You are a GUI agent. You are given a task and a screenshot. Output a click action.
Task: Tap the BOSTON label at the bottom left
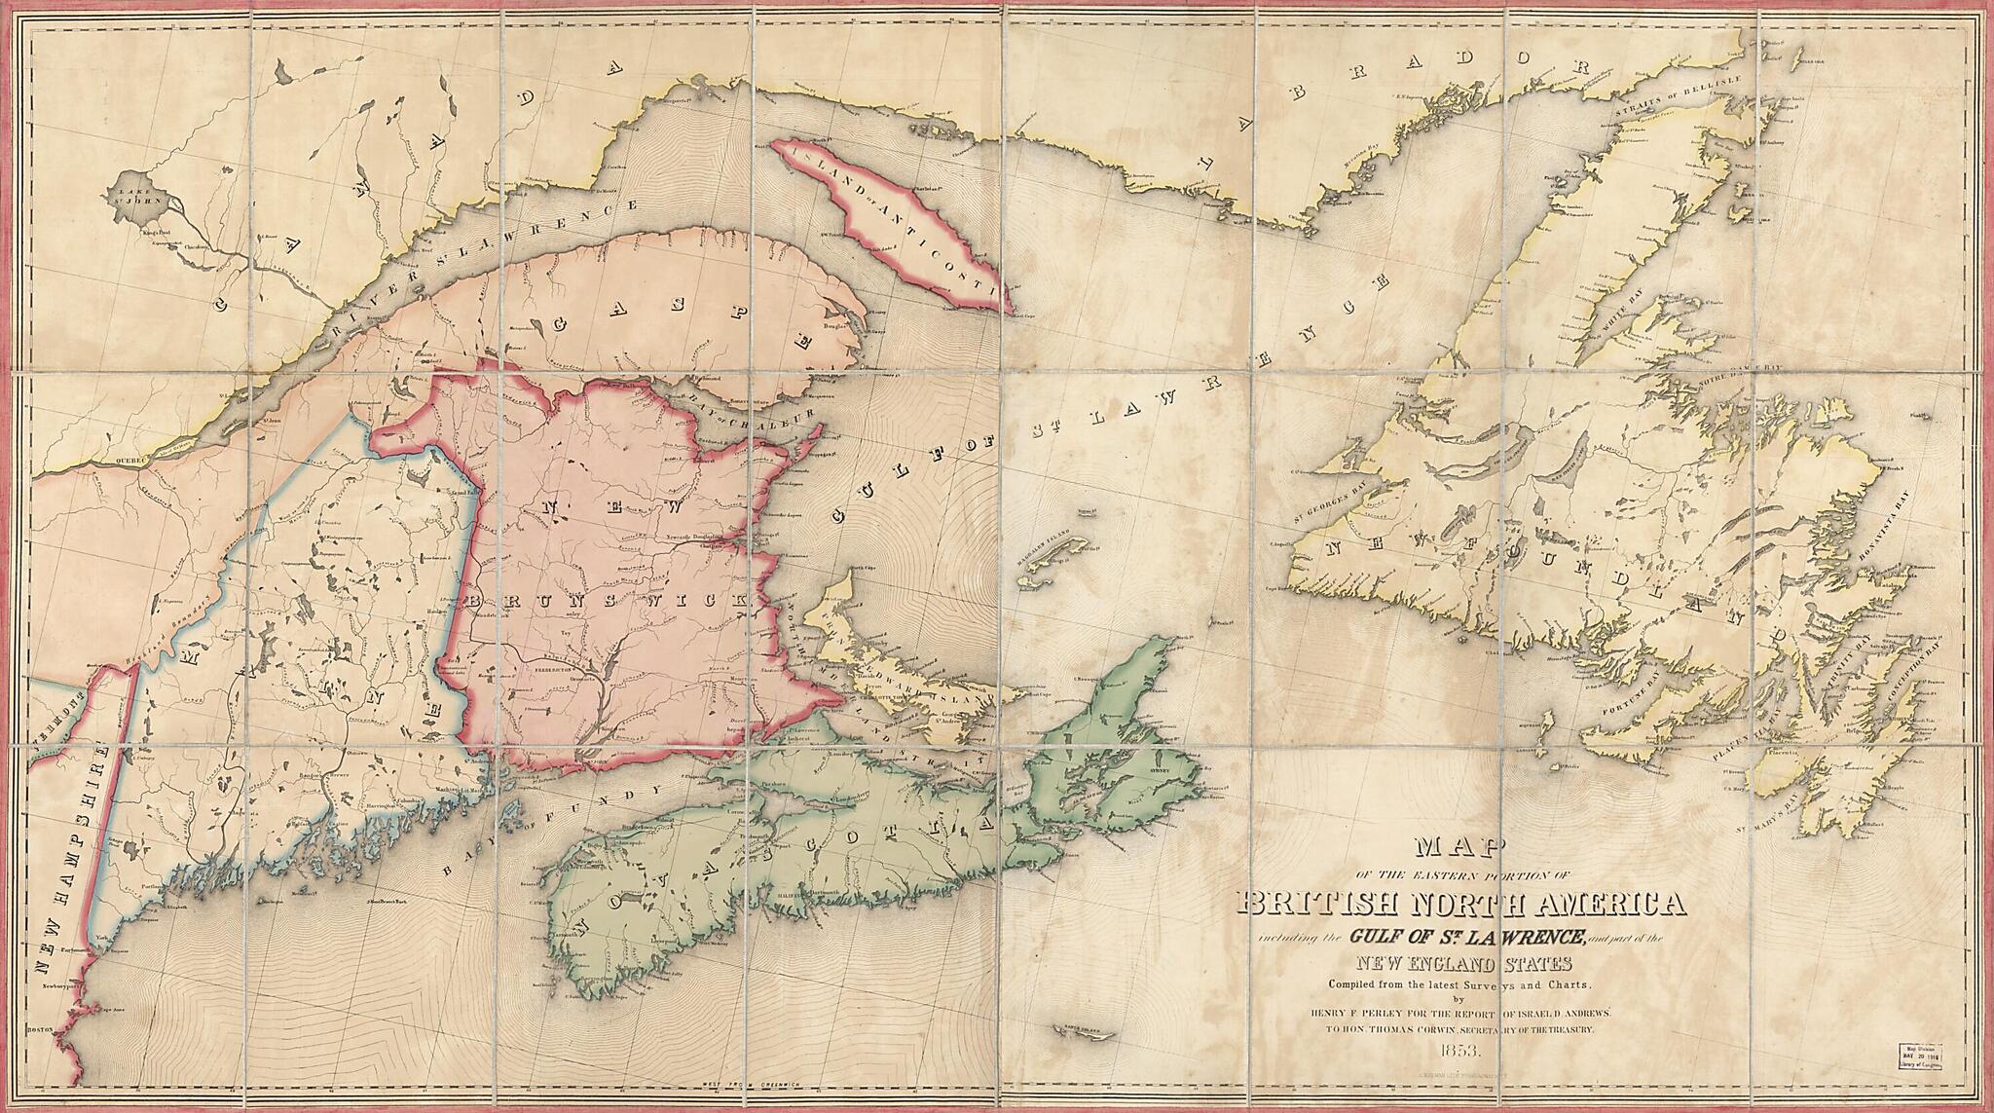[x=40, y=1028]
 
